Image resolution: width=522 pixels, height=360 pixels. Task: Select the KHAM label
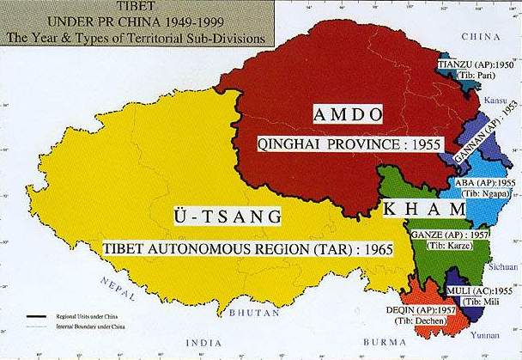click(x=412, y=210)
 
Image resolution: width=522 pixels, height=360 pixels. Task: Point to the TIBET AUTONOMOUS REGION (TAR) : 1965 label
click(x=248, y=249)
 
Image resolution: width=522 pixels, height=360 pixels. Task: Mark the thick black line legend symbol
click(x=35, y=316)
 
